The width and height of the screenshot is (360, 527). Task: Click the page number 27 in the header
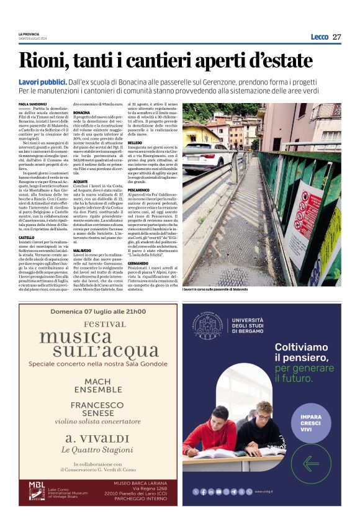tap(337, 37)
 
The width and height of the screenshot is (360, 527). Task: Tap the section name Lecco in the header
tap(319, 37)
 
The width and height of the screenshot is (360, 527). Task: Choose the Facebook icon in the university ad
tap(204, 491)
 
